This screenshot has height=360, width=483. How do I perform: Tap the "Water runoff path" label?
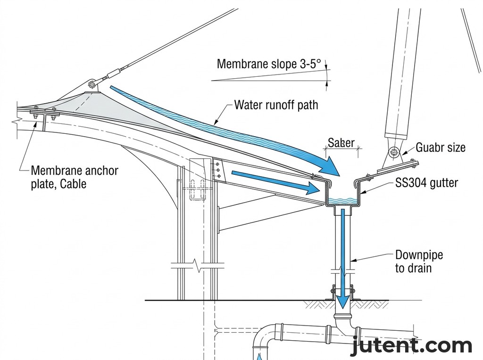click(276, 105)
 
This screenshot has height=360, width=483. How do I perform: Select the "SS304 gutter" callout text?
click(426, 182)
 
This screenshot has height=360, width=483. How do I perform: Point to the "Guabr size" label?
click(440, 147)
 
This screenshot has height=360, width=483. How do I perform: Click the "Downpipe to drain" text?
click(418, 262)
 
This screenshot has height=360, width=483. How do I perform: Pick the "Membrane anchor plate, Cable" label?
click(74, 177)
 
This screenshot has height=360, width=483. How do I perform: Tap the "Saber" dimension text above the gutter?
click(341, 142)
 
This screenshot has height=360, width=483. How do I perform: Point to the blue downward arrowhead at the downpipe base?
click(342, 300)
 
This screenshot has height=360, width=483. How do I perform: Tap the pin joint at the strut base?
click(393, 152)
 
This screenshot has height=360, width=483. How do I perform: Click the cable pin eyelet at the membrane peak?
click(92, 85)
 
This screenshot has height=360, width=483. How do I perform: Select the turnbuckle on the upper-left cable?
click(113, 74)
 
